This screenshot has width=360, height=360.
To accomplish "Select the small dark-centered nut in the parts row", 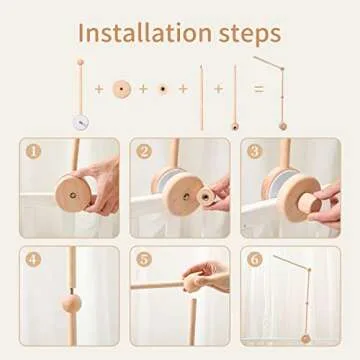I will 162,89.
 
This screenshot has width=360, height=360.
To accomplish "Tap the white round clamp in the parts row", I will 80,118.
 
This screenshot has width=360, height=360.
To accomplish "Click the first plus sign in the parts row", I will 99,90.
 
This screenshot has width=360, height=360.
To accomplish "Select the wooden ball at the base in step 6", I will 306,338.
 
